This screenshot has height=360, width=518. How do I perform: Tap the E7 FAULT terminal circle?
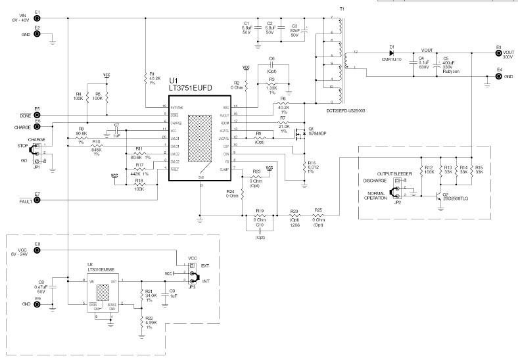click(37, 200)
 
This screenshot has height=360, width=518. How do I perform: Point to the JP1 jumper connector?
click(37, 152)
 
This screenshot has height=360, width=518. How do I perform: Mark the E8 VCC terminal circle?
click(37, 250)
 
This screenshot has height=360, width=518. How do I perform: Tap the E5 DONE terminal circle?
click(37, 115)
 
